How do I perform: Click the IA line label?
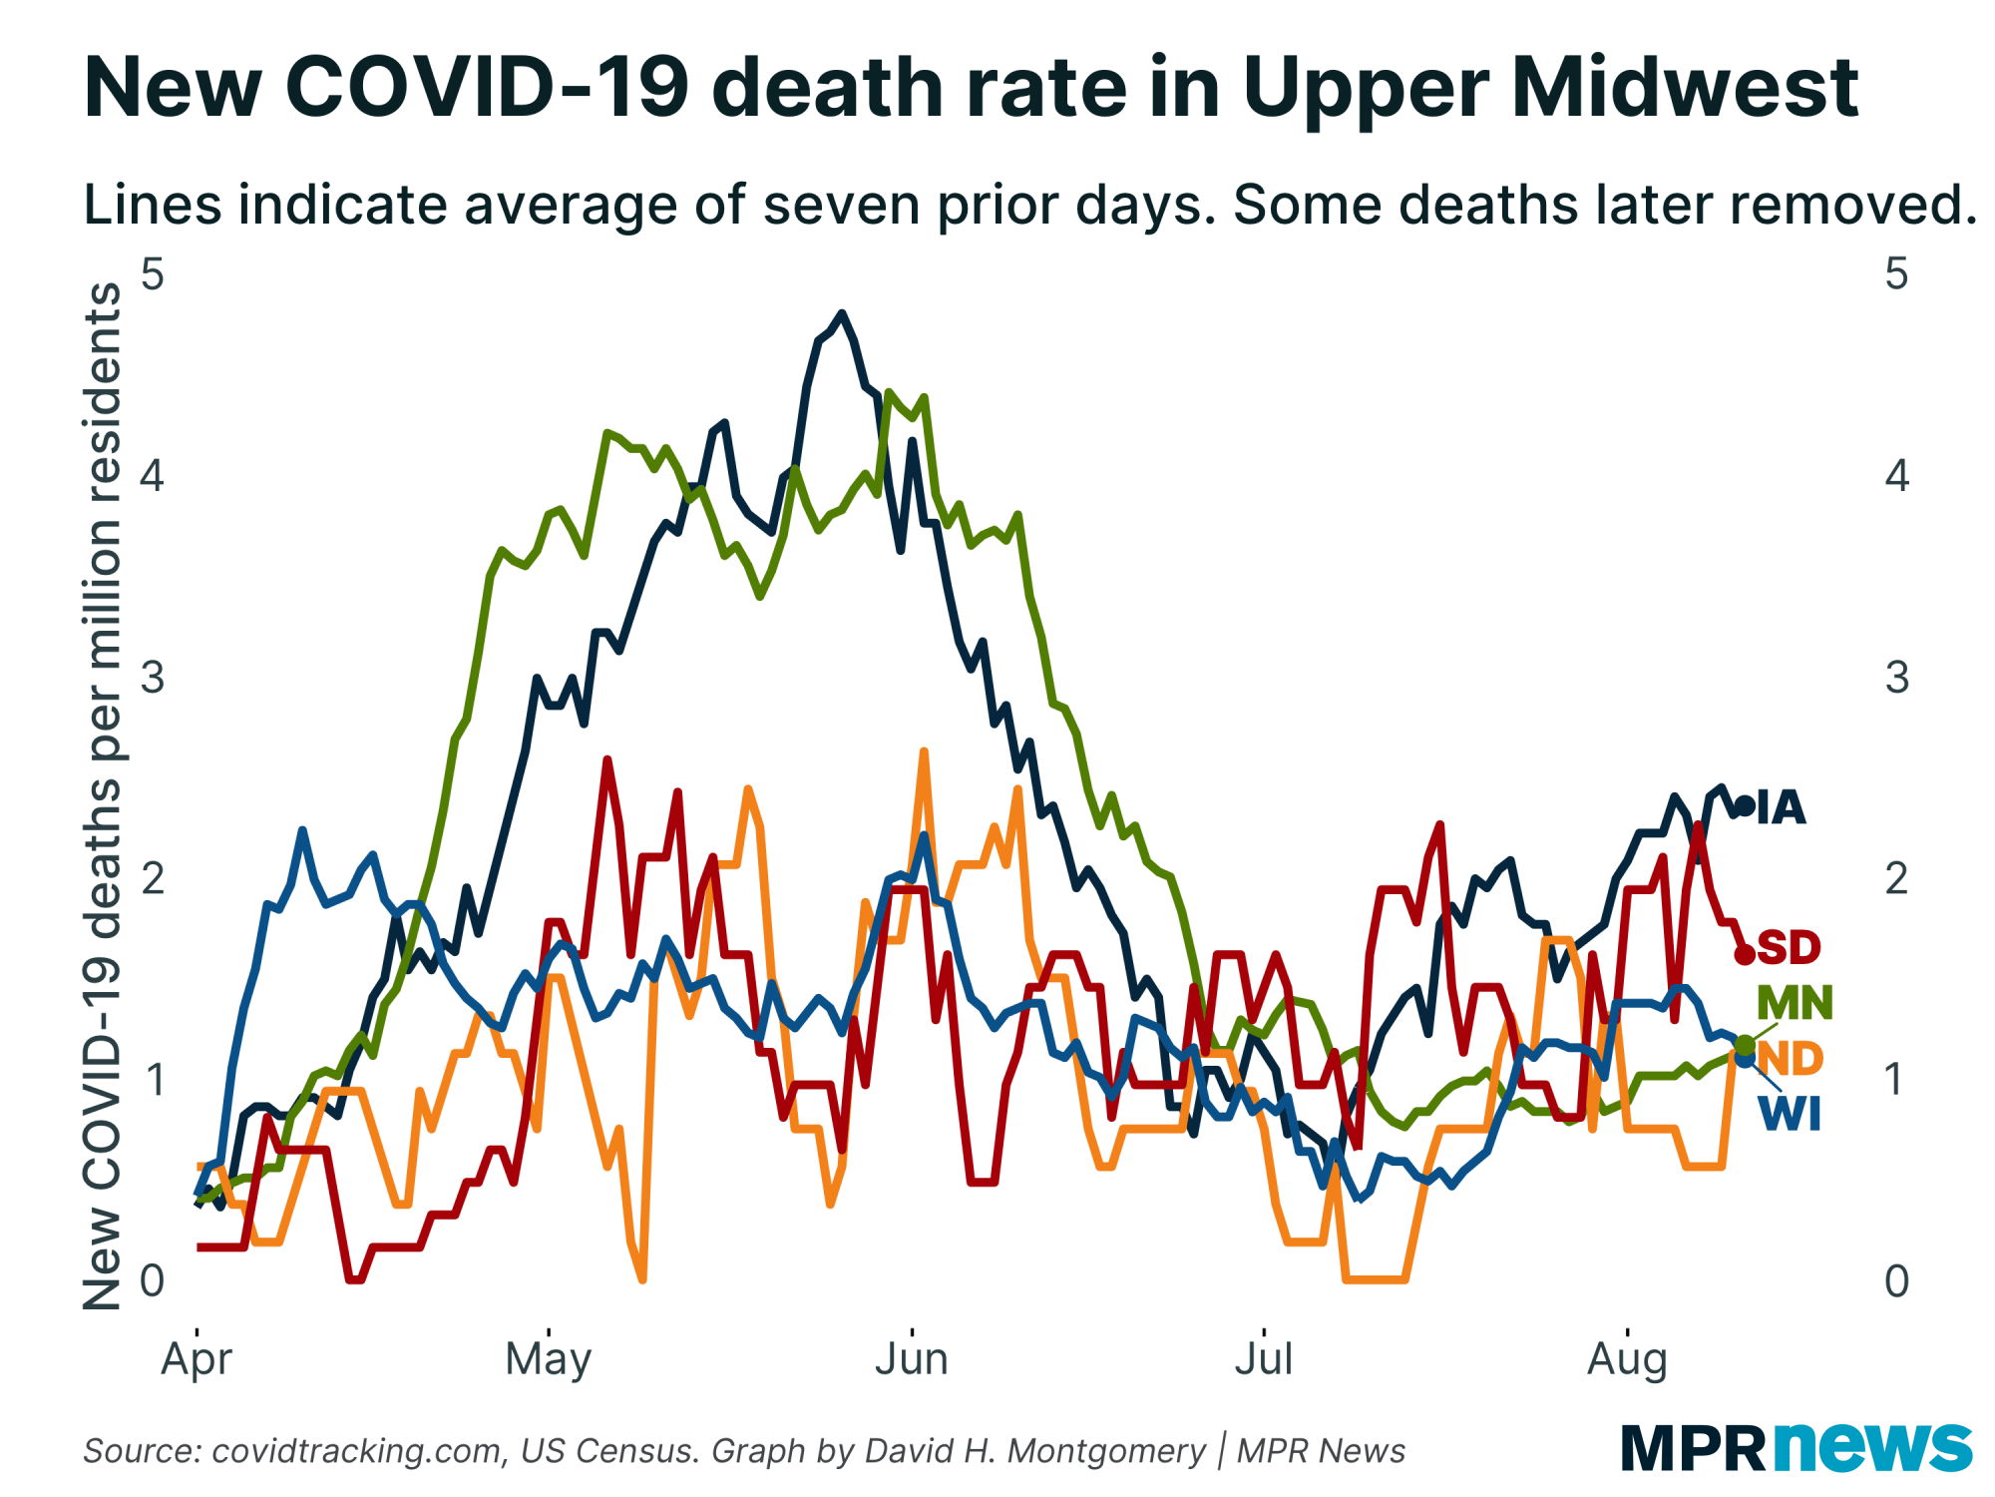coord(1782,807)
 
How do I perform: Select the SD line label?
coord(1789,947)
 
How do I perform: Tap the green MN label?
coord(1795,1002)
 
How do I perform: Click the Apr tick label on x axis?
coord(197,1359)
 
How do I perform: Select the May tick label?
coord(549,1359)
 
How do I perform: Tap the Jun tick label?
coord(912,1359)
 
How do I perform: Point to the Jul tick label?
coord(1264,1359)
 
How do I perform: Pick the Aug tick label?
coord(1627,1359)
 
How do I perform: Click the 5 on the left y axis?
coord(153,272)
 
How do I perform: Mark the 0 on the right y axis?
coord(1896,1280)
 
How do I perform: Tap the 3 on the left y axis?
coord(153,678)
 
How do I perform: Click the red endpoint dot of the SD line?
coord(1745,955)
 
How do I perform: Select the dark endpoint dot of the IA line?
coord(1745,805)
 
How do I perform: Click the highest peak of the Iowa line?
coord(843,314)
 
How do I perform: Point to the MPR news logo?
coord(1795,1447)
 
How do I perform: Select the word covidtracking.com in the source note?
coord(358,1450)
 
